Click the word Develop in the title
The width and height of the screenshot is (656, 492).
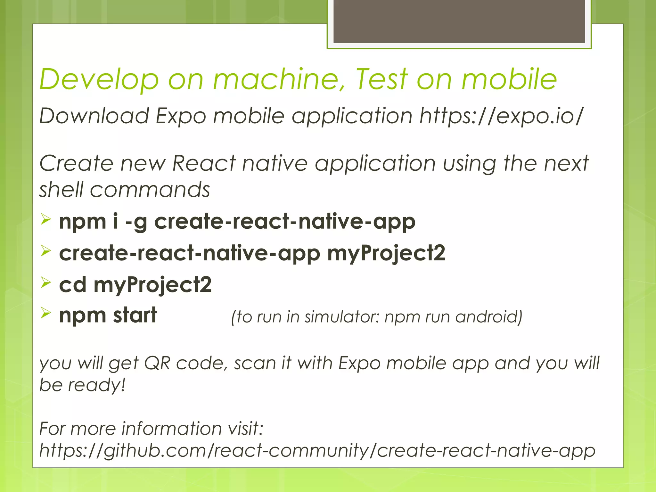99,79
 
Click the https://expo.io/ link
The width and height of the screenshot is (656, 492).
501,116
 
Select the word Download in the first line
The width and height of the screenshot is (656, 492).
94,116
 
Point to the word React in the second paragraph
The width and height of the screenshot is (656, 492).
204,163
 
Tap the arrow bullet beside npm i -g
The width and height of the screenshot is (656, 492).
46,220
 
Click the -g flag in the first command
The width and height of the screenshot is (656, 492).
136,222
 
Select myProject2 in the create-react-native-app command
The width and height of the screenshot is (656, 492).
386,253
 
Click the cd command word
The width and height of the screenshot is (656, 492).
73,284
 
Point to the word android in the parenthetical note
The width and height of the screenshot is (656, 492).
488,317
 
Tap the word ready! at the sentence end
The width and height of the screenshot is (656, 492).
96,385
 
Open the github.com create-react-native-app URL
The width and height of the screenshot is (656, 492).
317,450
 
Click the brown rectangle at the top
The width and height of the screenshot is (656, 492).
459,21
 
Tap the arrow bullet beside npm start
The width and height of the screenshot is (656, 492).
46,313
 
